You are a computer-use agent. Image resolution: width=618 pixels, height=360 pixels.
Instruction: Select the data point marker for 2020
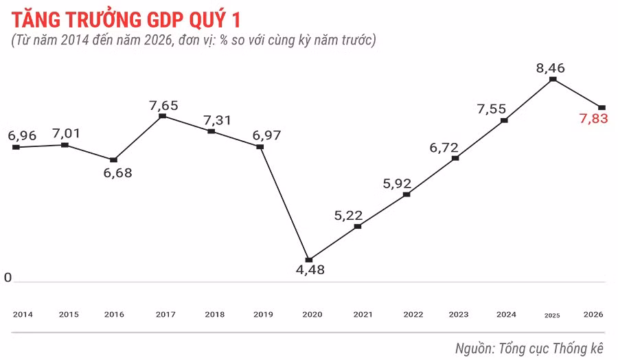click(309, 260)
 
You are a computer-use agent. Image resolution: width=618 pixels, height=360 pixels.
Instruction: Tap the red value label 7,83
click(594, 119)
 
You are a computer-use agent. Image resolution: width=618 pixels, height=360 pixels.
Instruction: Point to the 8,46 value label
click(554, 67)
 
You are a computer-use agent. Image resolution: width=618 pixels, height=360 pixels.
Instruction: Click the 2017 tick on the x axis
click(165, 314)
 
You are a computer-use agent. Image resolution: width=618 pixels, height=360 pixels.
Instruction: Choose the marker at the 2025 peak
click(553, 80)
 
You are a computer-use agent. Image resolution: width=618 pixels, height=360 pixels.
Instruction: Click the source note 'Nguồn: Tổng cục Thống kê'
click(529, 348)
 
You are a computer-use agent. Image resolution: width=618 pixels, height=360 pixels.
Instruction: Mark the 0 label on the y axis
click(8, 278)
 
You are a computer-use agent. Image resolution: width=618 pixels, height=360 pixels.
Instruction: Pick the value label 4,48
click(310, 270)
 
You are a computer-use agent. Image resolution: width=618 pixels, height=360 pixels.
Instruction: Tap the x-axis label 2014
click(23, 314)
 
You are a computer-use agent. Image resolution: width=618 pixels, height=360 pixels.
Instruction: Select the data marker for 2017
click(163, 116)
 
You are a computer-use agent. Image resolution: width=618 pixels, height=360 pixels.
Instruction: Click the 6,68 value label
click(117, 172)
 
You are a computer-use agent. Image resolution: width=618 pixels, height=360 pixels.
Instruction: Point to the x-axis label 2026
click(593, 314)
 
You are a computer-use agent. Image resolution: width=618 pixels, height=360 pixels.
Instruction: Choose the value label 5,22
click(348, 216)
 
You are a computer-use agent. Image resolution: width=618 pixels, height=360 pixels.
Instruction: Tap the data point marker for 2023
click(455, 159)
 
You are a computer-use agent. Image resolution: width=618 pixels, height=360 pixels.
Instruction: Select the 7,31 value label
click(218, 120)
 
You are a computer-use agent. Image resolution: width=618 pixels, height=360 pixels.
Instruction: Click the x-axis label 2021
click(363, 314)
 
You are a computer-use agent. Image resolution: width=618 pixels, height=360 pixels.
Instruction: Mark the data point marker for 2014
click(16, 147)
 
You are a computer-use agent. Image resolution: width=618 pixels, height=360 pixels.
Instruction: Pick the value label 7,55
click(492, 109)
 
